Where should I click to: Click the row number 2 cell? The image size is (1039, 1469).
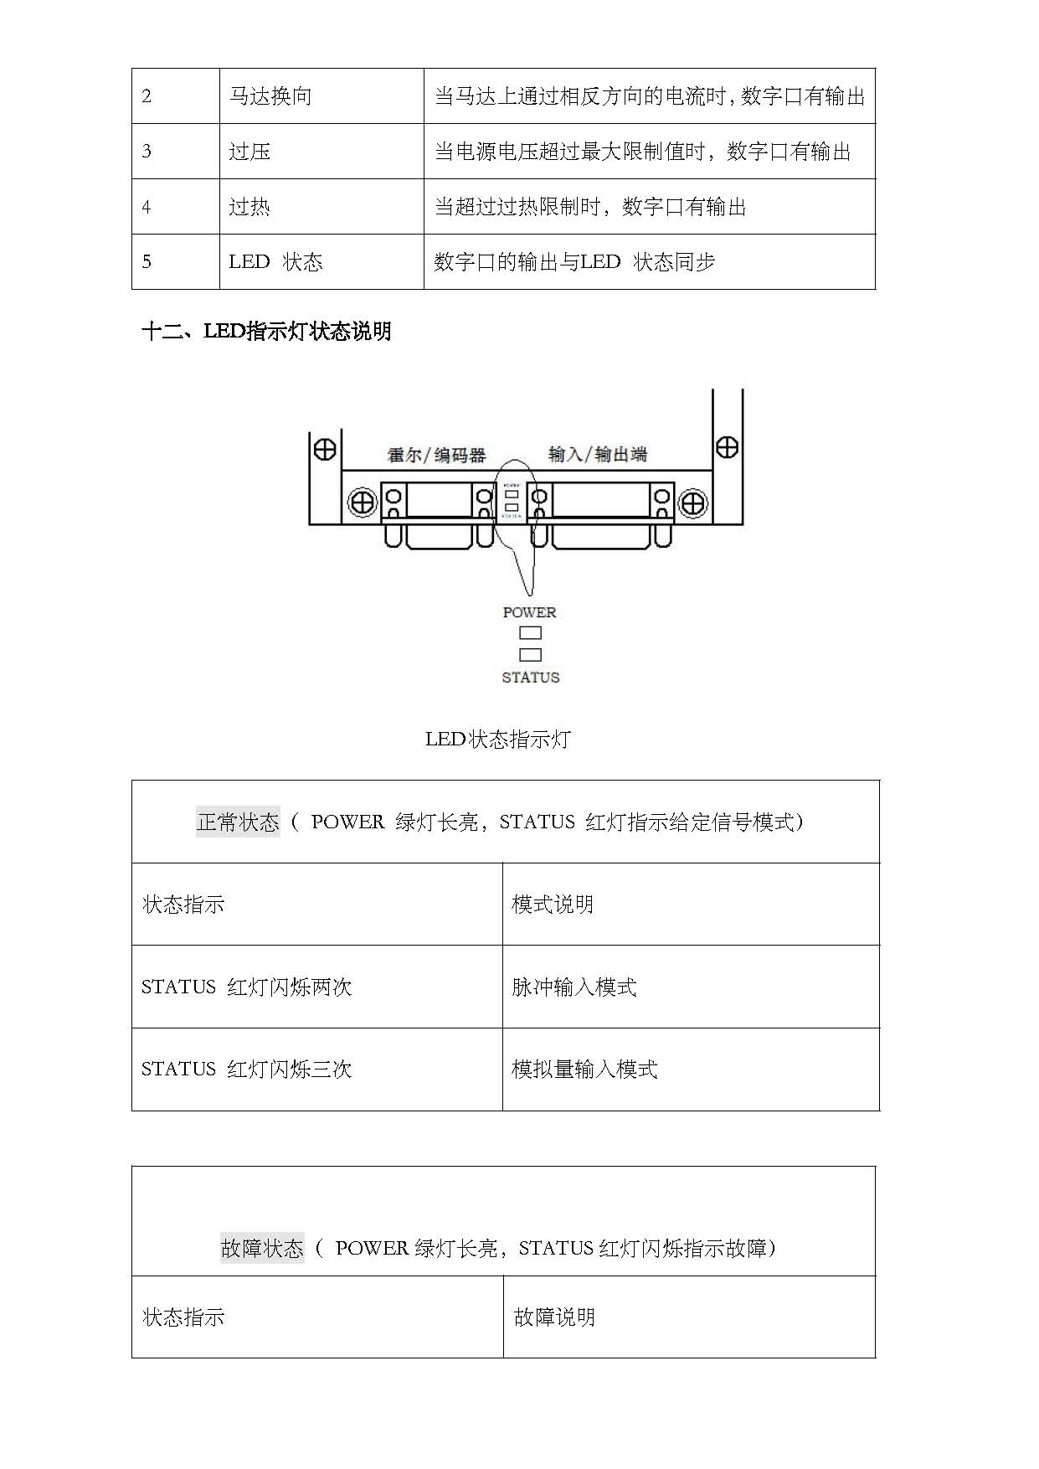point(147,96)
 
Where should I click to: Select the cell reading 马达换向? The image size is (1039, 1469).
point(270,96)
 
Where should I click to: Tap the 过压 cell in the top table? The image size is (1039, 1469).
point(249,152)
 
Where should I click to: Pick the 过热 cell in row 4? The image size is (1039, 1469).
point(249,207)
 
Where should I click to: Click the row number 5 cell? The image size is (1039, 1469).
point(147,262)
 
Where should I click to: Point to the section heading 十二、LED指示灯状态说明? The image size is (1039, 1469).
point(266,332)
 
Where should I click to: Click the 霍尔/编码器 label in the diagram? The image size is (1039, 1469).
point(436,455)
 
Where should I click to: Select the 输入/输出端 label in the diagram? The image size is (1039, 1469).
point(598,454)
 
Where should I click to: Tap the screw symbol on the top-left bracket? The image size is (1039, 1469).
point(325,449)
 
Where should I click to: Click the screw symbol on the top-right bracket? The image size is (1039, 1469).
point(727,447)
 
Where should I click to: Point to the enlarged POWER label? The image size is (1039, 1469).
point(529,612)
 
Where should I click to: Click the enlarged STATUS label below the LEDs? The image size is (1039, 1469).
point(530,678)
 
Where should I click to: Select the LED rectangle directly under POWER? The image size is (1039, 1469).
point(530,633)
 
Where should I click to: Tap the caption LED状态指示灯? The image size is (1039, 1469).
point(498,740)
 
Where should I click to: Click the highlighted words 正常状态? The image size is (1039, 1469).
point(238,822)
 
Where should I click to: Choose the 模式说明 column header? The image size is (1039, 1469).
point(553,905)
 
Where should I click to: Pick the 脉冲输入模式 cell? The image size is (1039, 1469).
point(574,987)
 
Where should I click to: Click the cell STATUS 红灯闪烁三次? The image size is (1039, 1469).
point(246,1070)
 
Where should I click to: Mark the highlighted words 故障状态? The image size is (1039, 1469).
point(262,1249)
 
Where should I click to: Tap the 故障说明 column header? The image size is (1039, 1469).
point(554,1317)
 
